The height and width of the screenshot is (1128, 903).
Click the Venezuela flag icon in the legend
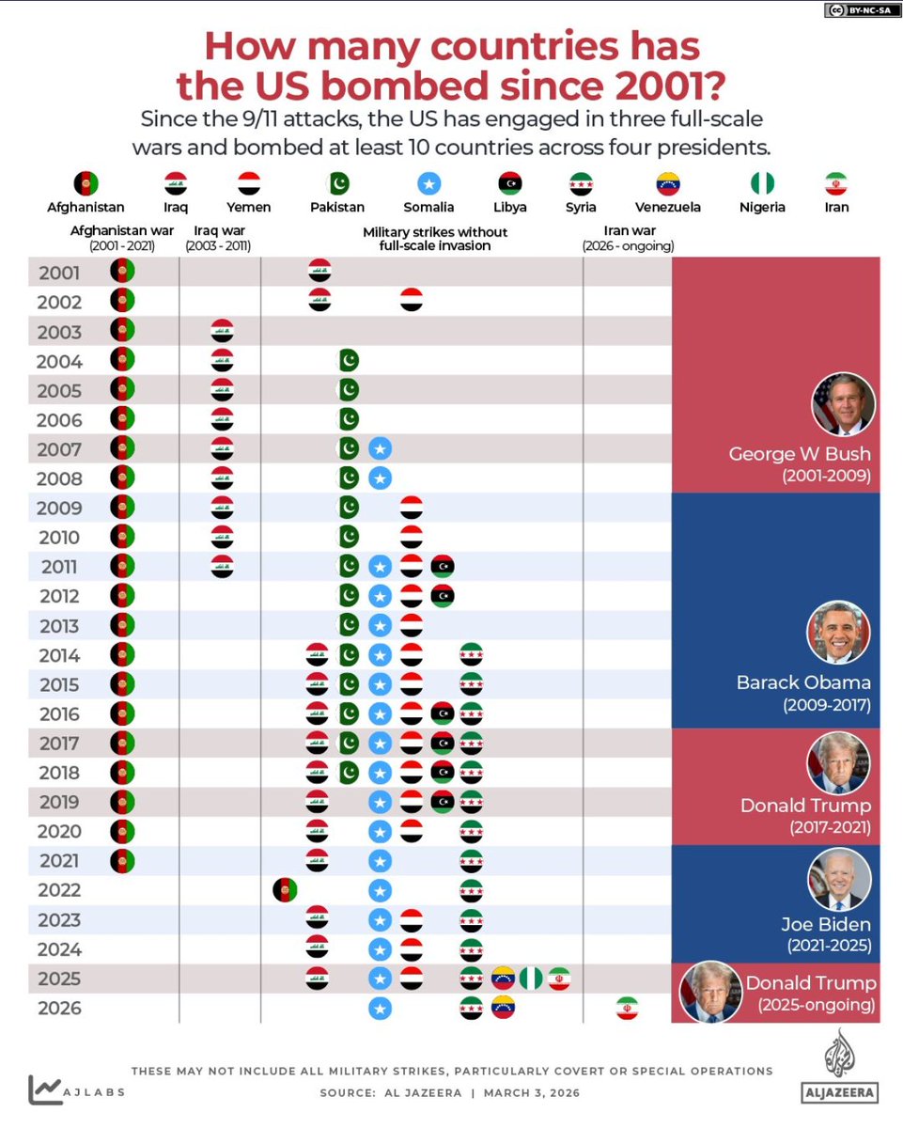[x=668, y=182]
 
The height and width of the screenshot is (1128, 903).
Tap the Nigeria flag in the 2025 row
[x=531, y=979]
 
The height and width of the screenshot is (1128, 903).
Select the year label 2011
[x=58, y=567]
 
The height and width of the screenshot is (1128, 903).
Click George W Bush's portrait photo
[x=843, y=403]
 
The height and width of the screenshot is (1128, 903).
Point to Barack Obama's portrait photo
[x=838, y=633]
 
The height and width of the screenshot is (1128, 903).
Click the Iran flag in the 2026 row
[x=627, y=1008]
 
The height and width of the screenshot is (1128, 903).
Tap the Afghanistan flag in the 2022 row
[x=285, y=890]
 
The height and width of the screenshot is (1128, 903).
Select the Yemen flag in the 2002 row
[x=411, y=301]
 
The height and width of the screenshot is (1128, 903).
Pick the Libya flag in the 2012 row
[x=442, y=596]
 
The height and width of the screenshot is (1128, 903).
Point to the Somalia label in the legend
[x=428, y=207]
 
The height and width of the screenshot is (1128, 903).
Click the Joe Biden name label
[x=825, y=924]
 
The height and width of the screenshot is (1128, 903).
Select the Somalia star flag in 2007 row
[x=380, y=448]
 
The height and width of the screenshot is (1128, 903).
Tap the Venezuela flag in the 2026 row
[x=503, y=1008]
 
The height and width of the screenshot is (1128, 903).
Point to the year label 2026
[x=58, y=1009]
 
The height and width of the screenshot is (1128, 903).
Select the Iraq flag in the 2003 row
[x=222, y=331]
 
